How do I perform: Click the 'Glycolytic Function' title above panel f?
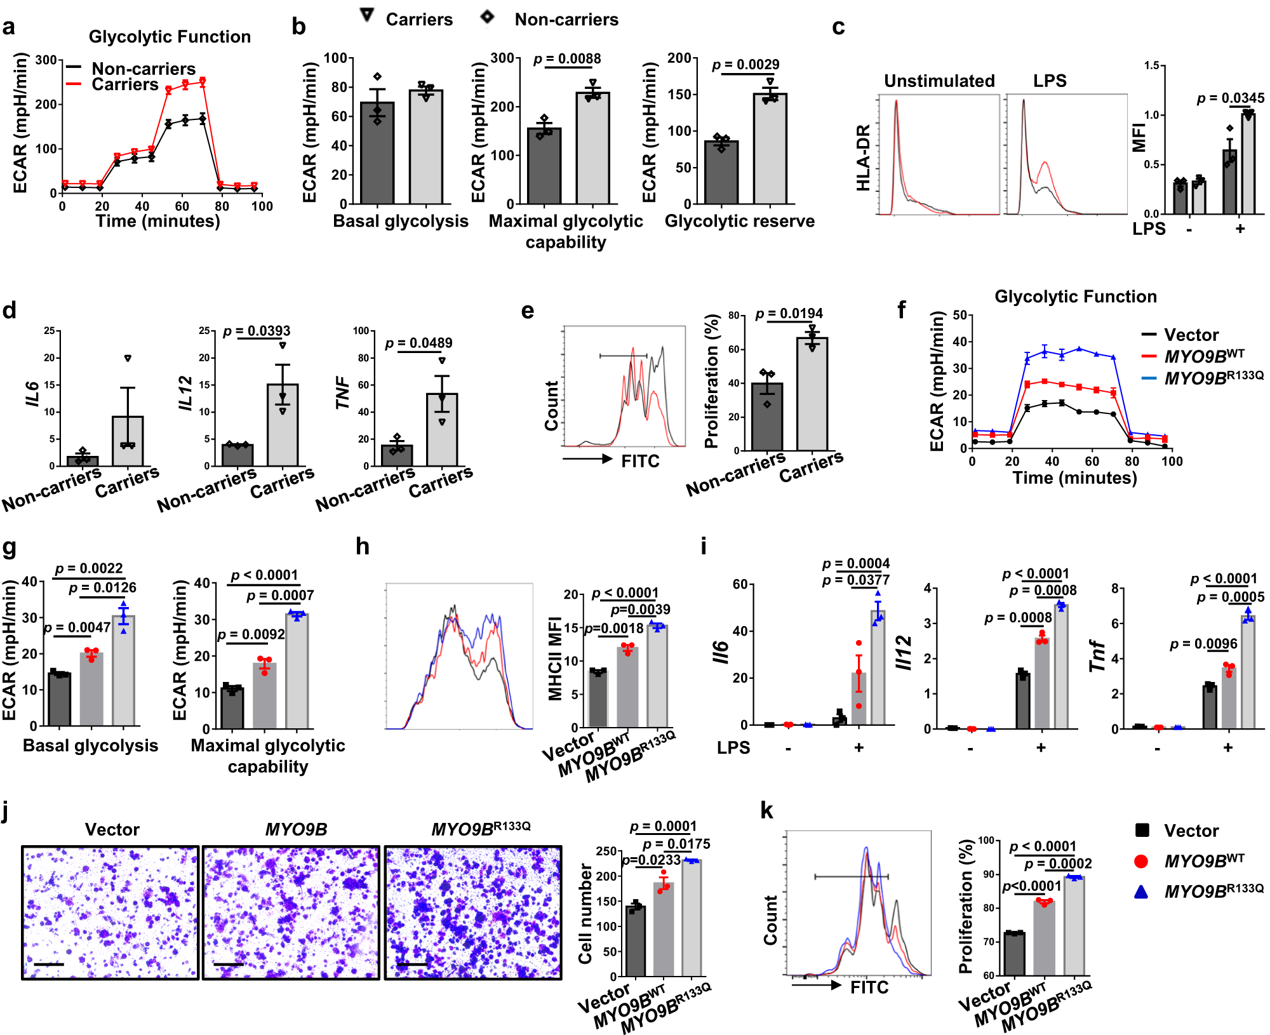(x=1075, y=297)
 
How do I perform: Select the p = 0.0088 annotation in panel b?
(x=567, y=59)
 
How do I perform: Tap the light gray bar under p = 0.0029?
(x=770, y=149)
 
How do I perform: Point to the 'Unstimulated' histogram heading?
(x=939, y=81)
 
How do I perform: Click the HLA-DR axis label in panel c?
(x=862, y=157)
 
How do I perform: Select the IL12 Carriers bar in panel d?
(x=283, y=424)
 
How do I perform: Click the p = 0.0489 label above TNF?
(x=418, y=344)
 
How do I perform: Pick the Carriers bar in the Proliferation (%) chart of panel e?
(x=812, y=394)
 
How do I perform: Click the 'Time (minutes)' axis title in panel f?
(x=1074, y=477)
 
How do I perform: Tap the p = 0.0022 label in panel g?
(x=89, y=568)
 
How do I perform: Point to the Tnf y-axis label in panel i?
(x=1097, y=656)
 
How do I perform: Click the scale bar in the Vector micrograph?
(x=49, y=965)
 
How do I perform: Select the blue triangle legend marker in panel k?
(x=1141, y=892)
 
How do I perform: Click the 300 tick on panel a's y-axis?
(x=46, y=60)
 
